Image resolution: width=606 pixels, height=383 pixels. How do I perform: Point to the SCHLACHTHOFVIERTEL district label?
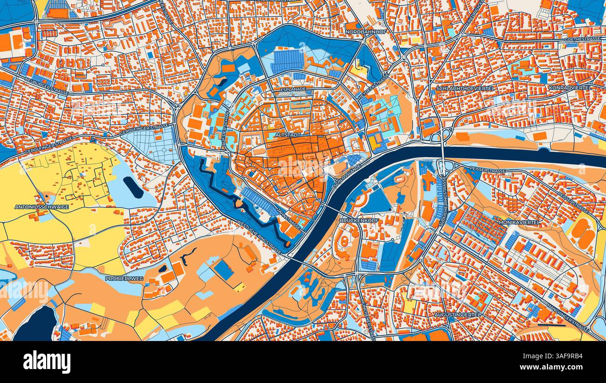[x=465, y=88]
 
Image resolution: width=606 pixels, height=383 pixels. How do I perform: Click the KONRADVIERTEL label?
[x=570, y=87]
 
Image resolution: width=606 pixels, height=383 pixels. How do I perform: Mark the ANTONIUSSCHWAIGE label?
[x=41, y=207]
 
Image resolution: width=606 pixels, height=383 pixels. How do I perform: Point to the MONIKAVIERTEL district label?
[x=519, y=223]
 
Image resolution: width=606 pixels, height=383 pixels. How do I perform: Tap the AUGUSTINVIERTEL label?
[x=457, y=315]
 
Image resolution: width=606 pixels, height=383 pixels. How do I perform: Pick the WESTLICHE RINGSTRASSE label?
[x=259, y=237]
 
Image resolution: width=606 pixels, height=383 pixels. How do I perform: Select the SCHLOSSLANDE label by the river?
[x=345, y=176]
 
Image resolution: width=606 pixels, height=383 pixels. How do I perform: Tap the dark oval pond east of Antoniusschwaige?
[x=133, y=187]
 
